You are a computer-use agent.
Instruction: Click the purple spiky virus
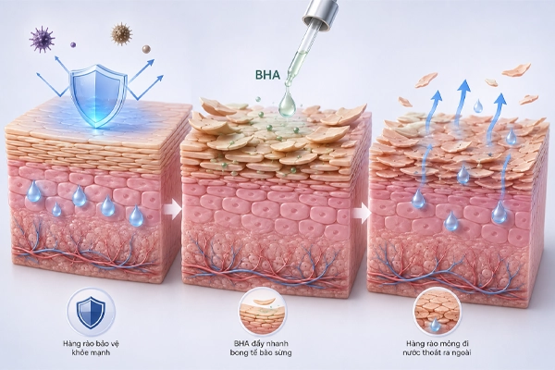tap(42, 39)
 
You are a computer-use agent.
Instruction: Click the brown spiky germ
tap(121, 34)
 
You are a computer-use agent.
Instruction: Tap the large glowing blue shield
tap(98, 95)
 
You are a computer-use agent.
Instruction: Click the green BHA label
tap(267, 75)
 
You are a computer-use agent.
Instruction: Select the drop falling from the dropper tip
tap(287, 105)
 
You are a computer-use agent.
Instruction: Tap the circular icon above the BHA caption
tap(263, 312)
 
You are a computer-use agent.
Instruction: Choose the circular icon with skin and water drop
tap(438, 312)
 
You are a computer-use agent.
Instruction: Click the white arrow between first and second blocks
tap(172, 210)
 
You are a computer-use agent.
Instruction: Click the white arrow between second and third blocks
tap(361, 213)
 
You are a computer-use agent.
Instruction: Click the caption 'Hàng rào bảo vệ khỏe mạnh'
tap(91, 348)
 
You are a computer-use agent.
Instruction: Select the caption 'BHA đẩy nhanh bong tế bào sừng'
tap(261, 348)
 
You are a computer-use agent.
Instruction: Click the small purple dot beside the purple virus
tap(73, 45)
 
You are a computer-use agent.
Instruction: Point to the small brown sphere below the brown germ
tap(146, 49)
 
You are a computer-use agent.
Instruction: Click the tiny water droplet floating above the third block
tap(478, 105)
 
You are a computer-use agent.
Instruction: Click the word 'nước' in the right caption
tap(412, 352)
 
